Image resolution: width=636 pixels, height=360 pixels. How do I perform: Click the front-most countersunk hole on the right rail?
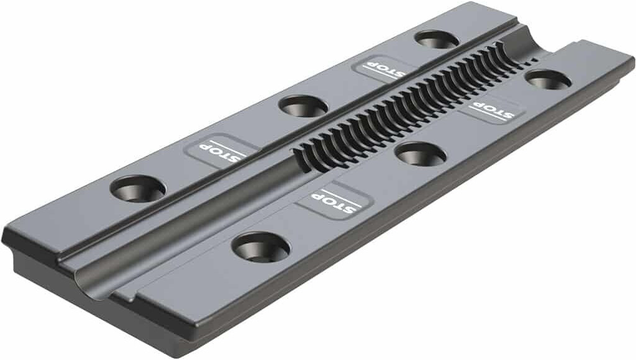[261, 247]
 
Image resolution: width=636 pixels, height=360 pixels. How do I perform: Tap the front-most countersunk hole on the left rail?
[138, 188]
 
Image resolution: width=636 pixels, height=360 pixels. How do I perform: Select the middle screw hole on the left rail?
[302, 106]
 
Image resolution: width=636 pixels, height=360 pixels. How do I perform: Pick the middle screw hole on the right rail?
[420, 154]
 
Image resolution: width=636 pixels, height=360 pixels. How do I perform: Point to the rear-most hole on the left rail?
[436, 40]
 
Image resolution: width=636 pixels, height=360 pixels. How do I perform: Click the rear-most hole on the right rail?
[548, 79]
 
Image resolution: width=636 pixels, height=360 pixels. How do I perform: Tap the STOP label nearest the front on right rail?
[334, 200]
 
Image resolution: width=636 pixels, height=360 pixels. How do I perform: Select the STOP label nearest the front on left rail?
[221, 150]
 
